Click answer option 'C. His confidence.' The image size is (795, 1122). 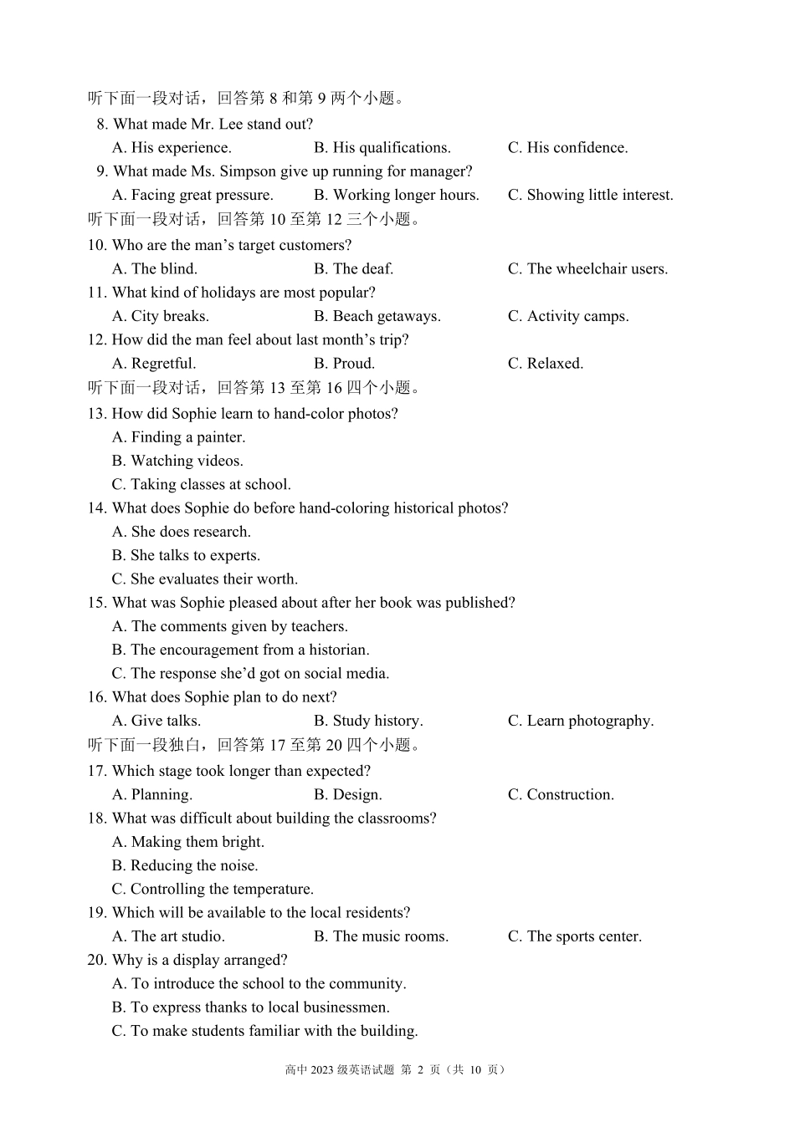point(567,148)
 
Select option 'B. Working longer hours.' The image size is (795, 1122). point(397,195)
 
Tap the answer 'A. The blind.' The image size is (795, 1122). point(155,269)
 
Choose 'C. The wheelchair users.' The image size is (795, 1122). point(587,269)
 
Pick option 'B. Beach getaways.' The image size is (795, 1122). point(377,316)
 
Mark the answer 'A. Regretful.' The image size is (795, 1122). point(154,364)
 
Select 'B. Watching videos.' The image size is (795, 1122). point(177,461)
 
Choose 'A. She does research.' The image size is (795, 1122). point(181,532)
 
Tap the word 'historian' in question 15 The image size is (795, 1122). point(337,650)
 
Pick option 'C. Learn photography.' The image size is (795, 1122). point(581,721)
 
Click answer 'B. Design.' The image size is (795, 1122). point(347,795)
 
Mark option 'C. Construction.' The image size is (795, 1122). point(561,795)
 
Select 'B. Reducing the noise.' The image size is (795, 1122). point(185,865)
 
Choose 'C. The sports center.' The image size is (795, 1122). point(575,936)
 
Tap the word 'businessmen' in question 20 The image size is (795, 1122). point(344,1007)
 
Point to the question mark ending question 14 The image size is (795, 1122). point(505,508)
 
